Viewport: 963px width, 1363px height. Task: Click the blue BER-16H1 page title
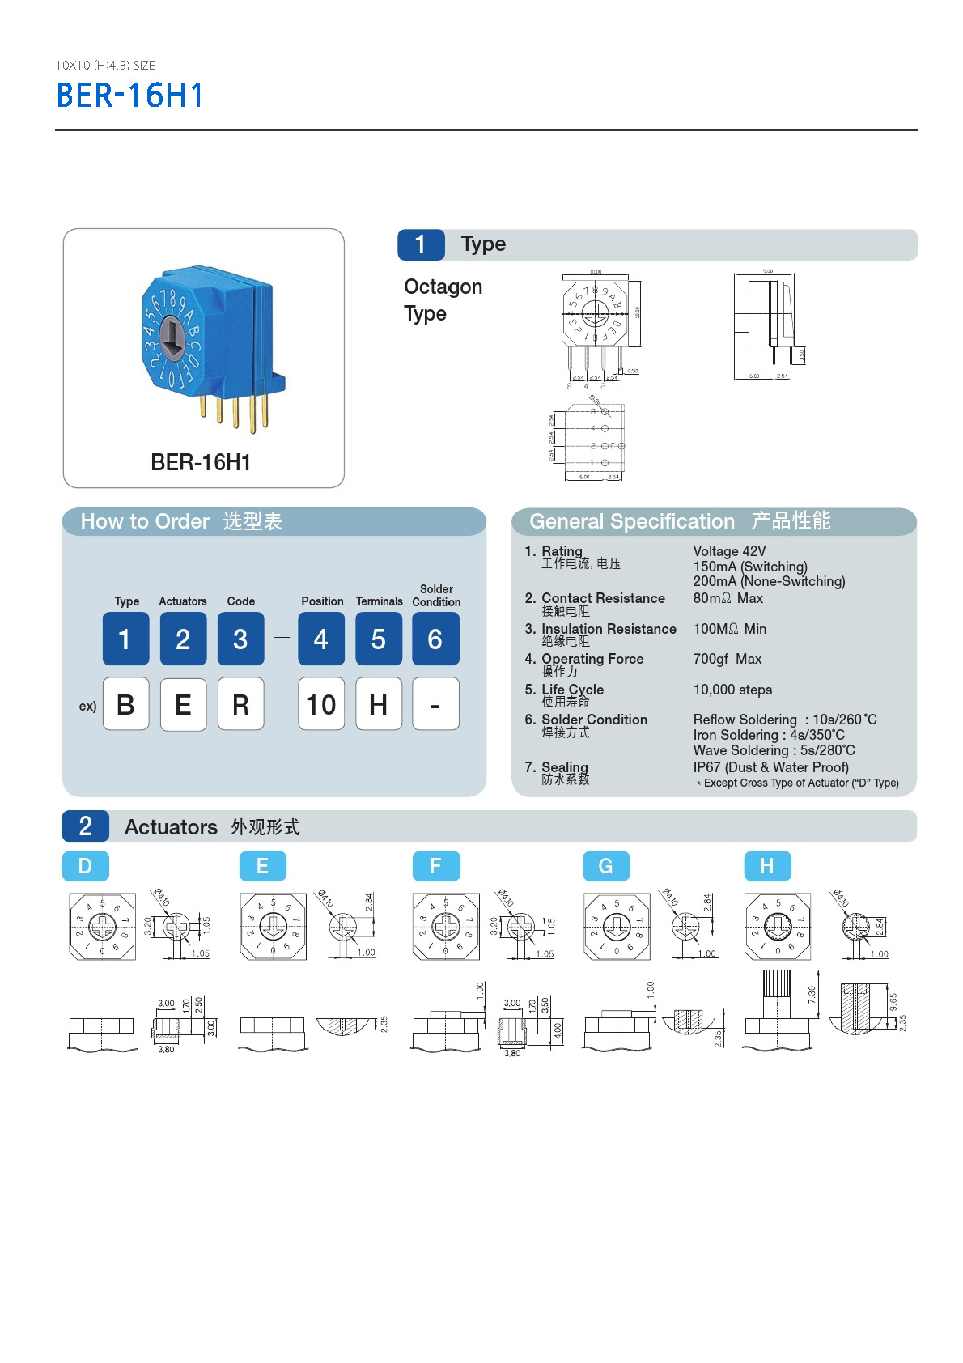click(x=129, y=96)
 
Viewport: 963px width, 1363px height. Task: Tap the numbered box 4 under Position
click(x=320, y=639)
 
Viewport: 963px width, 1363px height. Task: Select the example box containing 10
click(x=320, y=704)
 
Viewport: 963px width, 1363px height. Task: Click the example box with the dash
click(x=435, y=704)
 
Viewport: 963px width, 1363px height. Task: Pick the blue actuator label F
click(x=435, y=866)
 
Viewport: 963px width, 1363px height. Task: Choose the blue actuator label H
click(x=766, y=866)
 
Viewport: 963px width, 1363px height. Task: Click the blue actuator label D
click(x=85, y=866)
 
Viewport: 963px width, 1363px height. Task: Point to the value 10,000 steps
click(x=732, y=690)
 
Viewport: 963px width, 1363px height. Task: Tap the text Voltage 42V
click(x=729, y=551)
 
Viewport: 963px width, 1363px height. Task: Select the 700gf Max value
click(x=727, y=659)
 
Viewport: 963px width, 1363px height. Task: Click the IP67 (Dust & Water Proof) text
click(x=770, y=767)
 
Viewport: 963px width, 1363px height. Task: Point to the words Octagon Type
click(x=443, y=299)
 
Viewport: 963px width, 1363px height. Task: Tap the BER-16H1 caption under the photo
click(x=201, y=462)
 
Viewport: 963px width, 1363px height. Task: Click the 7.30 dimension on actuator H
click(x=812, y=995)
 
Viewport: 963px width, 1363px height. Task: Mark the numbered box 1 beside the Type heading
click(x=421, y=244)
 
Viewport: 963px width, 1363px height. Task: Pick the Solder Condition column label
click(x=436, y=596)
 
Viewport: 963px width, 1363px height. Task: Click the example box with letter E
click(x=183, y=704)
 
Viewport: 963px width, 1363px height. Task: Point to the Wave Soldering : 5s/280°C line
click(x=774, y=750)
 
